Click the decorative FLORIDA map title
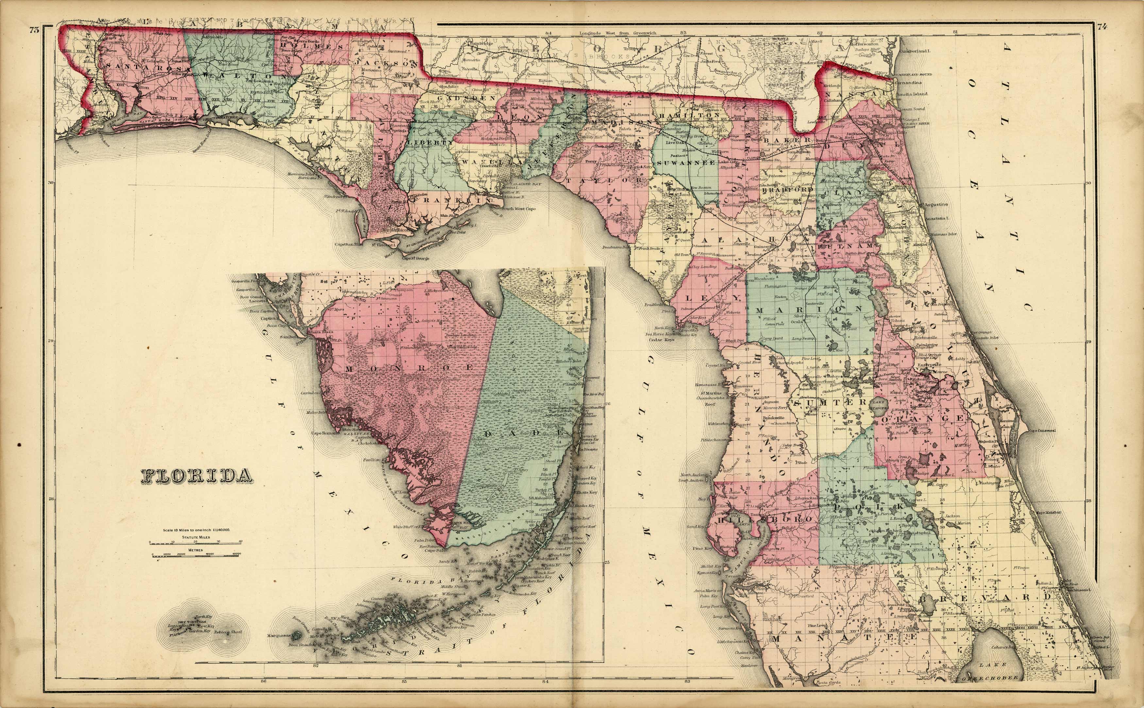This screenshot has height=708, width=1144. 195,477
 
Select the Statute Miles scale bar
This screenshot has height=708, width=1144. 195,542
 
